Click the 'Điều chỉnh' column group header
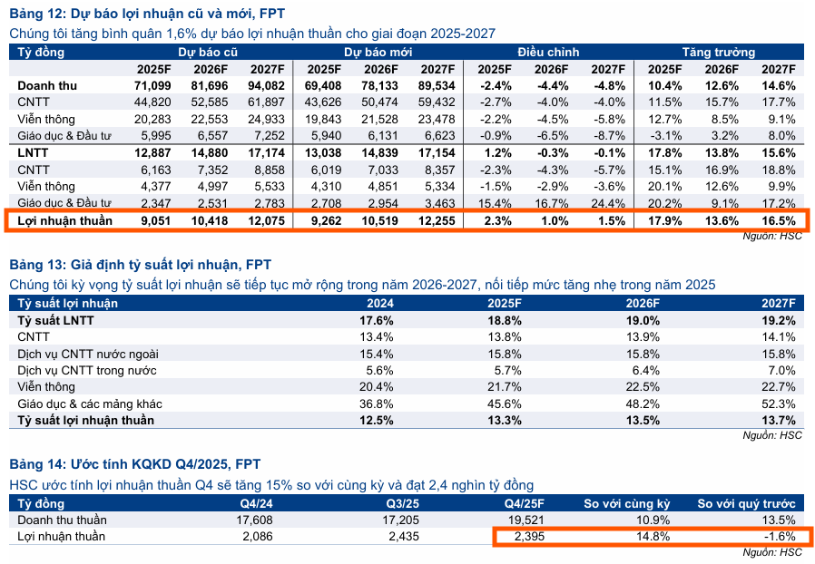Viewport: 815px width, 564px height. point(548,53)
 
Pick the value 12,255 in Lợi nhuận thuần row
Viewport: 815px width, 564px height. point(436,220)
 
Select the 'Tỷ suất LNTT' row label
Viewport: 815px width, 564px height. point(55,321)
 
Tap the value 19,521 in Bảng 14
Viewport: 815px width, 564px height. point(526,520)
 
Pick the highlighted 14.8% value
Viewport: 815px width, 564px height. point(653,537)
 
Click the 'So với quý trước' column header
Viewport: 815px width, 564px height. point(746,503)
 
